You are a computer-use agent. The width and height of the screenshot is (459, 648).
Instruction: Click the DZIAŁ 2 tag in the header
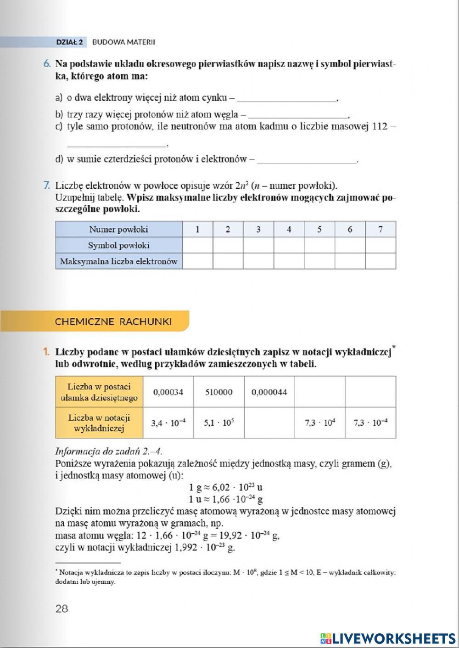coord(69,42)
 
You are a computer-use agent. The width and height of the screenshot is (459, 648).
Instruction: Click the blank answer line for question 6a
coord(287,98)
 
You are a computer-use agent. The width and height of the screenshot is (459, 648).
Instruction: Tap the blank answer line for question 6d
coord(307,160)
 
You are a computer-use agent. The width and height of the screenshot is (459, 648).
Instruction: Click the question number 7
coord(47,186)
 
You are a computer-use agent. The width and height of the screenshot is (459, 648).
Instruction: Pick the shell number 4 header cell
coord(289,229)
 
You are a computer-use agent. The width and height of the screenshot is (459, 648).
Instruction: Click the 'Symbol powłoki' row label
coord(119,245)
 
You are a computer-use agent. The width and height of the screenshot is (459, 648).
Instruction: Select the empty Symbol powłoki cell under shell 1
coord(197,245)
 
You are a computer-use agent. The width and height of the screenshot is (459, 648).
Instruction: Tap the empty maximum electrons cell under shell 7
coord(380,261)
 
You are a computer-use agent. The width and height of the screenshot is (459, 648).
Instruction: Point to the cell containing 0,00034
coord(168,392)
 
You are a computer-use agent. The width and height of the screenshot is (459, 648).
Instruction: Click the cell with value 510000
coord(218,392)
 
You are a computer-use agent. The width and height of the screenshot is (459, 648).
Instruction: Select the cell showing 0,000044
coord(269,392)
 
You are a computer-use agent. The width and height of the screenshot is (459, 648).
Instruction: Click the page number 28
coord(62,609)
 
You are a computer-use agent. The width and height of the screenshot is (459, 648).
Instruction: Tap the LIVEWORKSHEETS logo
coord(388,638)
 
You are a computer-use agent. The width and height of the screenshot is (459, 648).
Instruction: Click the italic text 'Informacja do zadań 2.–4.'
coord(108,451)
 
